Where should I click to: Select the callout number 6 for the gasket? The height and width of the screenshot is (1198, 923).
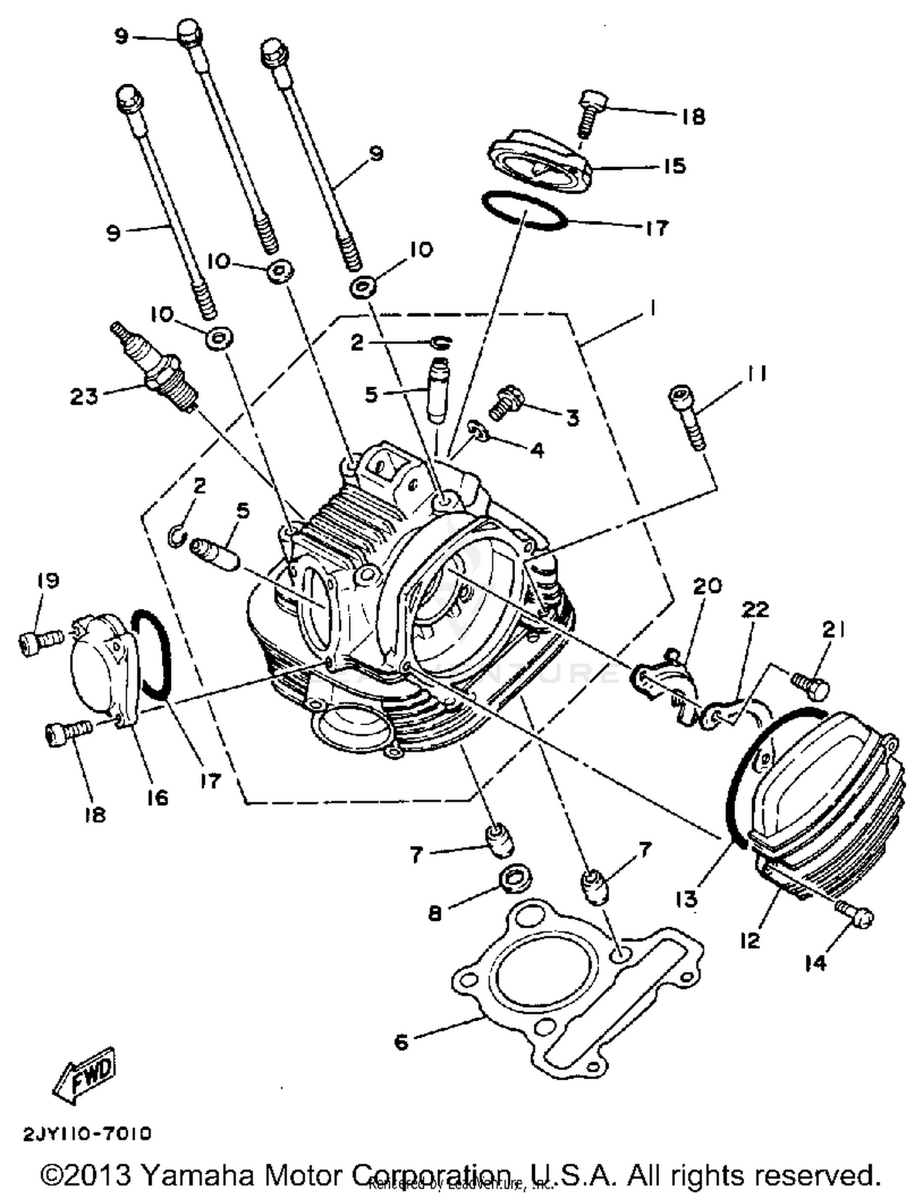[401, 1042]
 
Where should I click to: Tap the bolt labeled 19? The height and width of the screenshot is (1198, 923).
[39, 642]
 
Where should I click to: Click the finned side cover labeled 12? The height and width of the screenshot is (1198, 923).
[825, 806]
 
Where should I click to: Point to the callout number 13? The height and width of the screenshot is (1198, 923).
[686, 899]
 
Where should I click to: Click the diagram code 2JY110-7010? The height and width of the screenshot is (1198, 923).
[87, 1133]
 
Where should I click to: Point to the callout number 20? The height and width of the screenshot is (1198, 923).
[707, 585]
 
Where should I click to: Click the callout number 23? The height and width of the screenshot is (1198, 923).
[83, 396]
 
